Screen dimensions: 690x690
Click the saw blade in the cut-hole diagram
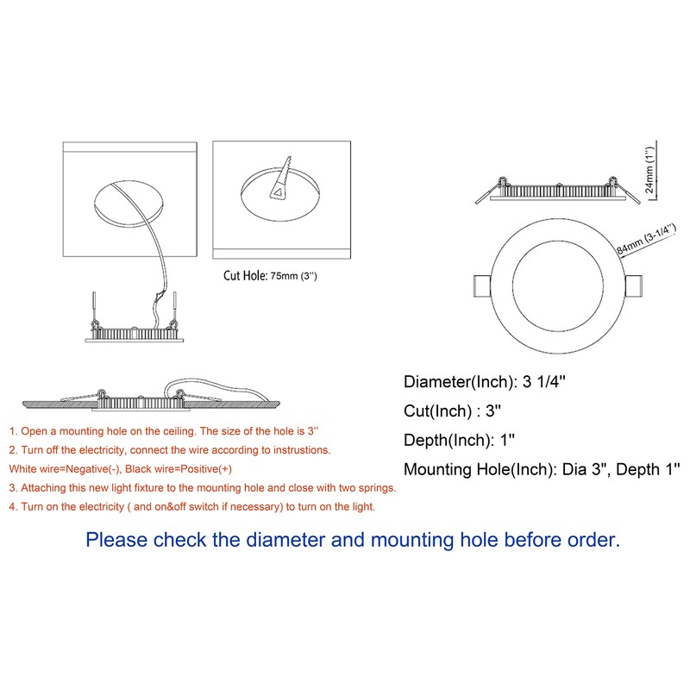pos(280,179)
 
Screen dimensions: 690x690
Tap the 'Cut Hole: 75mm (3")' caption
pos(270,276)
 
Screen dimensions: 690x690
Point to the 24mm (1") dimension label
pos(649,169)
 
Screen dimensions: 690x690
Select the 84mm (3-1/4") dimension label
pos(646,240)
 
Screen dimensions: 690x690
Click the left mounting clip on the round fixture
pos(482,286)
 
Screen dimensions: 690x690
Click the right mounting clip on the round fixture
pos(634,286)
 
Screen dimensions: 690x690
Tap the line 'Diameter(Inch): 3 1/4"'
pos(485,381)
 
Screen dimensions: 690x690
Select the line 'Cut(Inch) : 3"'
pos(452,411)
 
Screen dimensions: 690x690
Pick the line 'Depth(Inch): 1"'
pos(459,440)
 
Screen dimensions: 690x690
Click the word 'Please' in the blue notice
pos(116,540)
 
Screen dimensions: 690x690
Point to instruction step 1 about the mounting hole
pos(164,431)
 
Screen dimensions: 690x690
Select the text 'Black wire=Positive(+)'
pos(179,469)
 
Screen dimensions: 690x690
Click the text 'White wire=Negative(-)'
pos(64,469)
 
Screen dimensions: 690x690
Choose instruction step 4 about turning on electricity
pos(191,507)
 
